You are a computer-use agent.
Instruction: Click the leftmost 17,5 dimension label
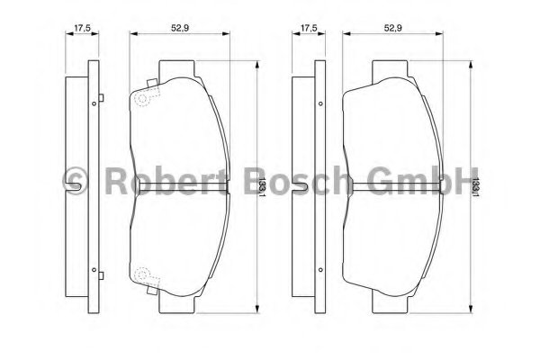point(82,28)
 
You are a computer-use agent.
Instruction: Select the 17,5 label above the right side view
point(309,28)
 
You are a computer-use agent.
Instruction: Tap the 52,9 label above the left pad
point(180,28)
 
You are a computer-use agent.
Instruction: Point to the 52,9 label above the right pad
point(393,28)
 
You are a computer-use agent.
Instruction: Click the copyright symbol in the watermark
point(75,182)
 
